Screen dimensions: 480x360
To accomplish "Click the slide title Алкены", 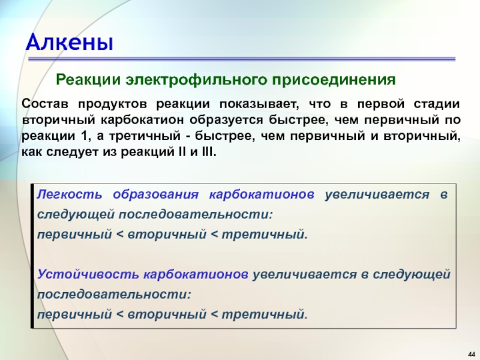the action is (x=70, y=42).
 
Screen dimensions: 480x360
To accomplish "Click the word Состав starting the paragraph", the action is (x=46, y=104).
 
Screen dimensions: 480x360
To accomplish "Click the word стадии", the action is (x=437, y=104).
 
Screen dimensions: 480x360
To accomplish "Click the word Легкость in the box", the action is (x=69, y=194).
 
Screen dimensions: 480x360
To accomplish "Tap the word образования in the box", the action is (x=155, y=194).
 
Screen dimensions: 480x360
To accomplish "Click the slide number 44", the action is (x=472, y=354).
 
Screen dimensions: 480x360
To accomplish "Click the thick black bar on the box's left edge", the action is (x=32, y=256).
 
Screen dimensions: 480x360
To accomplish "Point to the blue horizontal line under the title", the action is (x=242, y=59).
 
